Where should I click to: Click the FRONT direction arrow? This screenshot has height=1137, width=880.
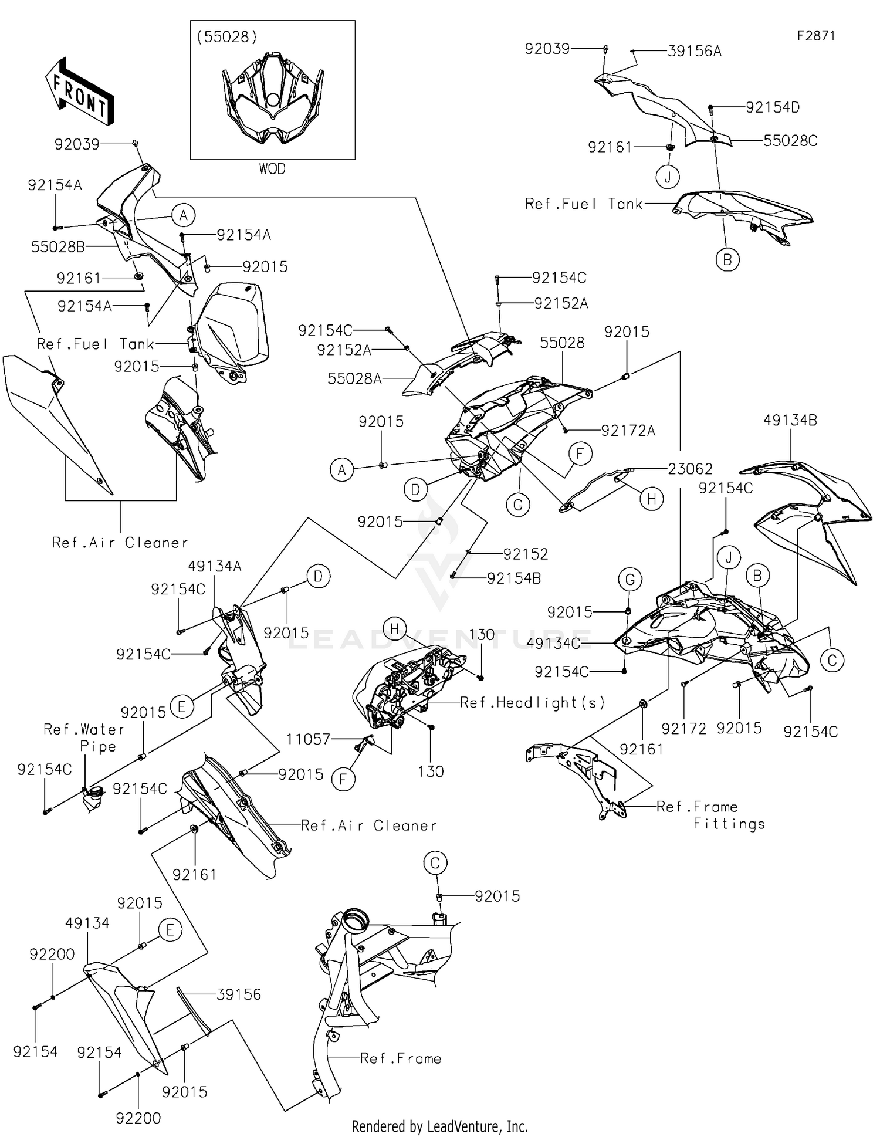pos(79,91)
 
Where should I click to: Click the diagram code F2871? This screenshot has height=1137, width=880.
pos(815,36)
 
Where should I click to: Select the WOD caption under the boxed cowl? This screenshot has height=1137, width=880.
pos(272,169)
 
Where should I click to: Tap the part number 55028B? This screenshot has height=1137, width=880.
pos(57,247)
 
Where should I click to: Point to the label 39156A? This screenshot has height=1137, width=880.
pos(695,52)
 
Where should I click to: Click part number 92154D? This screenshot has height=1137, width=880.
pos(773,107)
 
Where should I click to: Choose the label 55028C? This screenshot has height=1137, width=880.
pos(790,141)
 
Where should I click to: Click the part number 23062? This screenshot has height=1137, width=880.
pos(690,469)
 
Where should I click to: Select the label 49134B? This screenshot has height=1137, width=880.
pos(790,420)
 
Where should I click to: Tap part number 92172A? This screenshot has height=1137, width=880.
pos(628,431)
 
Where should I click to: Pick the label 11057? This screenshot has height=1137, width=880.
pos(308,739)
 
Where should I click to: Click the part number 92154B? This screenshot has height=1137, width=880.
pos(514,578)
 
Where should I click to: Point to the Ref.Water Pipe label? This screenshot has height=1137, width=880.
pos(84,737)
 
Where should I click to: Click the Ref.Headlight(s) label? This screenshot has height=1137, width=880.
pos(532,702)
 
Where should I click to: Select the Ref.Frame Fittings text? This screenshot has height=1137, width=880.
pos(710,815)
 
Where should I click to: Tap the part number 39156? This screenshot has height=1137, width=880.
pos(239,994)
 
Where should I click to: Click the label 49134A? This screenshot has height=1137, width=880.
pos(215,566)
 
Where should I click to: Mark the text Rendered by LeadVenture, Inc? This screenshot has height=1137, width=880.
pos(439,1126)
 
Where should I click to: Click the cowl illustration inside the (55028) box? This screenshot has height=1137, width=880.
pos(272,100)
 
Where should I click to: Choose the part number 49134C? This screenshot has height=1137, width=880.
pos(553,644)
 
